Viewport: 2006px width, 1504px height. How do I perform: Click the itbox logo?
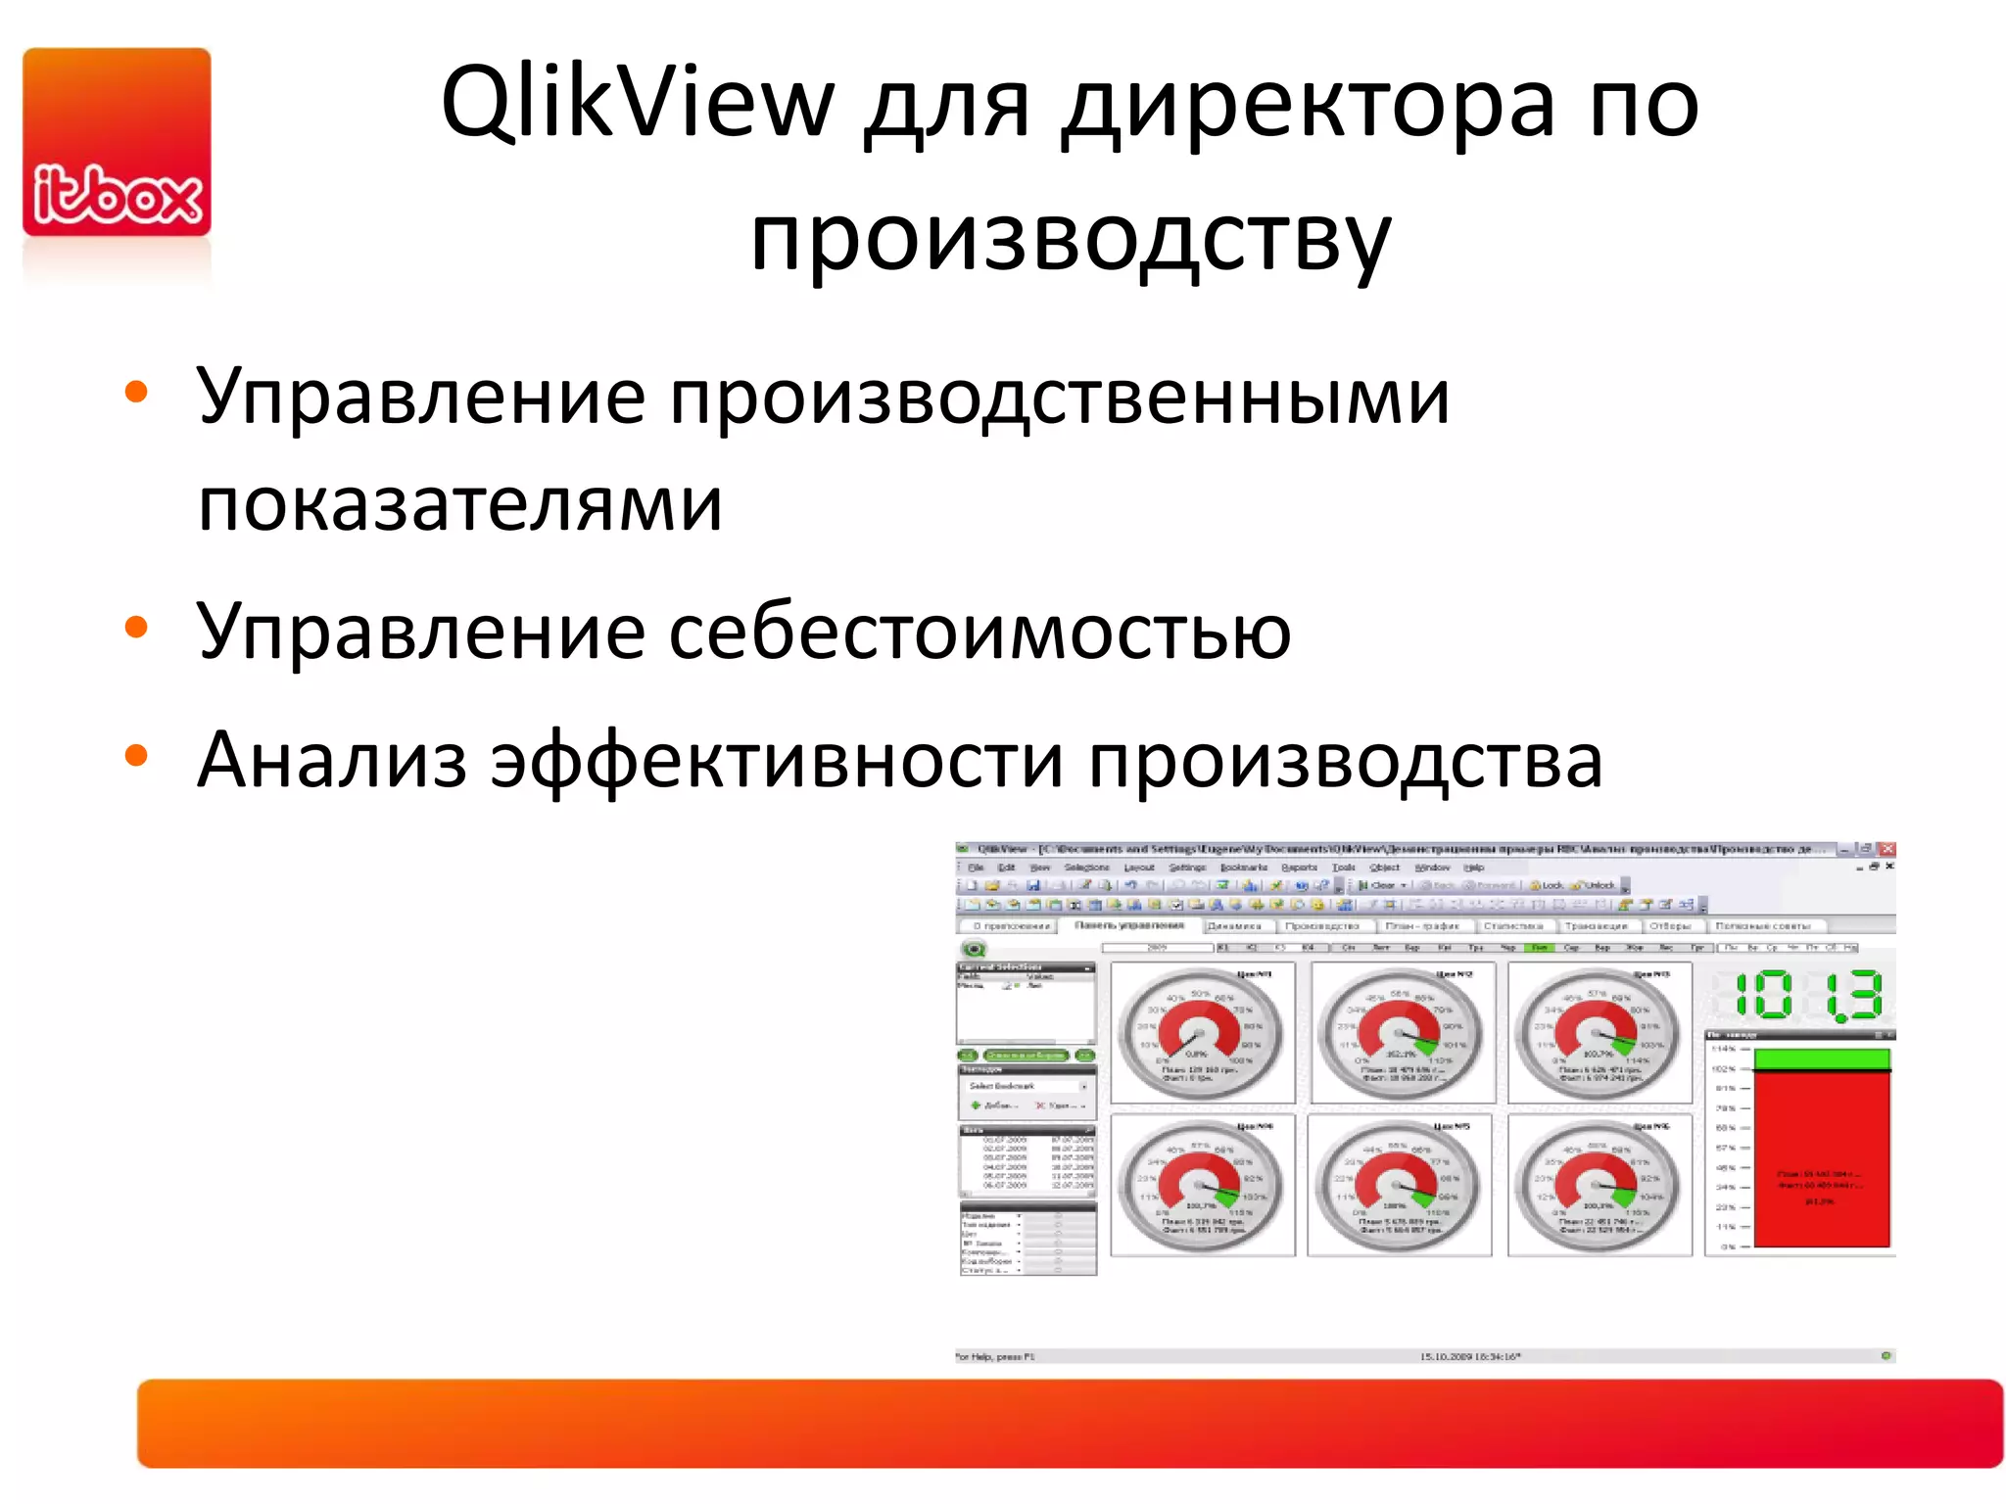(117, 143)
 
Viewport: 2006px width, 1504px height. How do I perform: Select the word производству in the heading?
(1070, 239)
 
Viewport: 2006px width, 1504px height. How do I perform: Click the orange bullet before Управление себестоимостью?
(136, 628)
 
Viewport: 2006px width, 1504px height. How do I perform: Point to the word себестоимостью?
(979, 632)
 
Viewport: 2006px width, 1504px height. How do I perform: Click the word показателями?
(460, 504)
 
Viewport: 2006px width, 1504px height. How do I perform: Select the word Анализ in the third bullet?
(331, 761)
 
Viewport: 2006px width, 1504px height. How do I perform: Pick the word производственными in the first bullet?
(1058, 398)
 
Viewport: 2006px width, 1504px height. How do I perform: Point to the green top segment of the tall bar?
(1821, 1059)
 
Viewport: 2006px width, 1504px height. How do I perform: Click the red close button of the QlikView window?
(1887, 849)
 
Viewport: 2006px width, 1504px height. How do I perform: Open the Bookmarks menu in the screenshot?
(1243, 868)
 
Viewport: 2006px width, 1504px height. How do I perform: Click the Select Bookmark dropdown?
(1026, 1086)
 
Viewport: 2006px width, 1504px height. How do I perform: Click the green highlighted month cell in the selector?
(1541, 948)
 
